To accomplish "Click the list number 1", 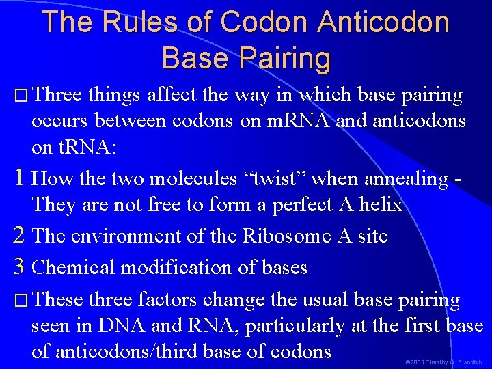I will pyautogui.click(x=19, y=179).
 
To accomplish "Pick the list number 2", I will pyautogui.click(x=20, y=236).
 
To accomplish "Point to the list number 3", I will pyautogui.click(x=20, y=267).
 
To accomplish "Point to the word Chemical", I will pyautogui.click(x=71, y=267).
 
